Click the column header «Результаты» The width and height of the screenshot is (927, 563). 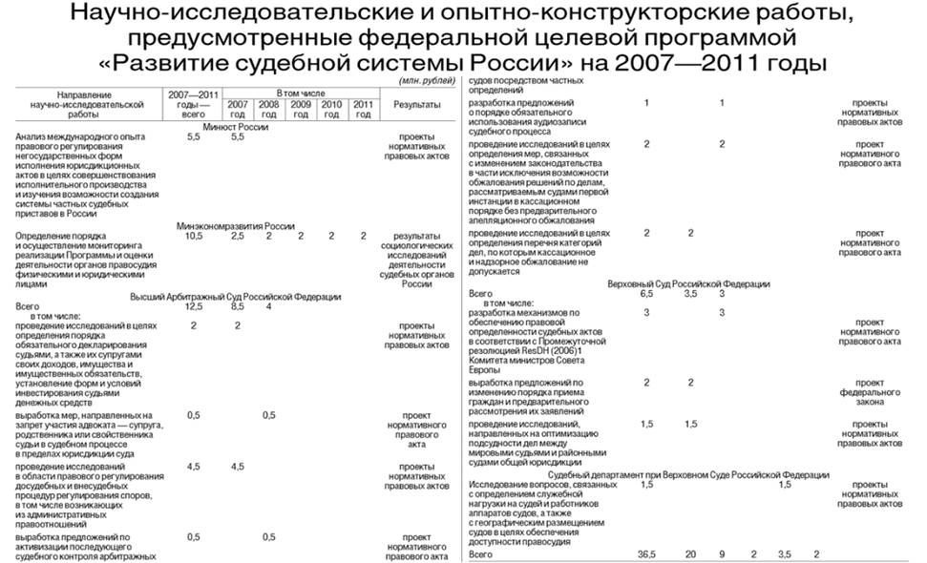pyautogui.click(x=416, y=103)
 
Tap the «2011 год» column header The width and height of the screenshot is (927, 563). pyautogui.click(x=363, y=109)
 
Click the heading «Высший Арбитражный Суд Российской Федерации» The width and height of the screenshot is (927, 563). pyautogui.click(x=236, y=297)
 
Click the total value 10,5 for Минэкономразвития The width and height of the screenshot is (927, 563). pyautogui.click(x=194, y=236)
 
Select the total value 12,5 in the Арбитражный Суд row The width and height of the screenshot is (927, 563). pyautogui.click(x=194, y=307)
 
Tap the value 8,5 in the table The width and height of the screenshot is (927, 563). pyautogui.click(x=238, y=307)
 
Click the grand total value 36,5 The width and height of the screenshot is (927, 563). pyautogui.click(x=647, y=554)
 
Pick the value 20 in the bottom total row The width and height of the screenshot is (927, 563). pyautogui.click(x=690, y=554)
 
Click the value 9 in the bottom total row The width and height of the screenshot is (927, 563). pyautogui.click(x=723, y=554)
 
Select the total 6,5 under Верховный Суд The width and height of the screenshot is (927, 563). pyautogui.click(x=647, y=294)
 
